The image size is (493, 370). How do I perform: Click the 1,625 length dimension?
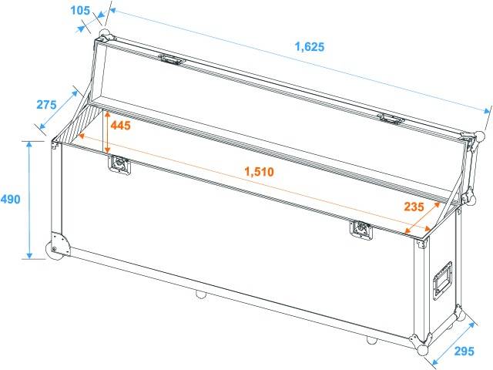(309, 47)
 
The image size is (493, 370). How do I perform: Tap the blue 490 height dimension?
(11, 199)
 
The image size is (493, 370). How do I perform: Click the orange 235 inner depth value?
(415, 206)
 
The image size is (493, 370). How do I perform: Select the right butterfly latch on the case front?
(360, 229)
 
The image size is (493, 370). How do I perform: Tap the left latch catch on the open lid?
(171, 59)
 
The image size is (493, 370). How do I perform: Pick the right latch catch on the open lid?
(391, 118)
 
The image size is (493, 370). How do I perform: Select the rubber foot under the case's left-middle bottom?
(200, 294)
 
